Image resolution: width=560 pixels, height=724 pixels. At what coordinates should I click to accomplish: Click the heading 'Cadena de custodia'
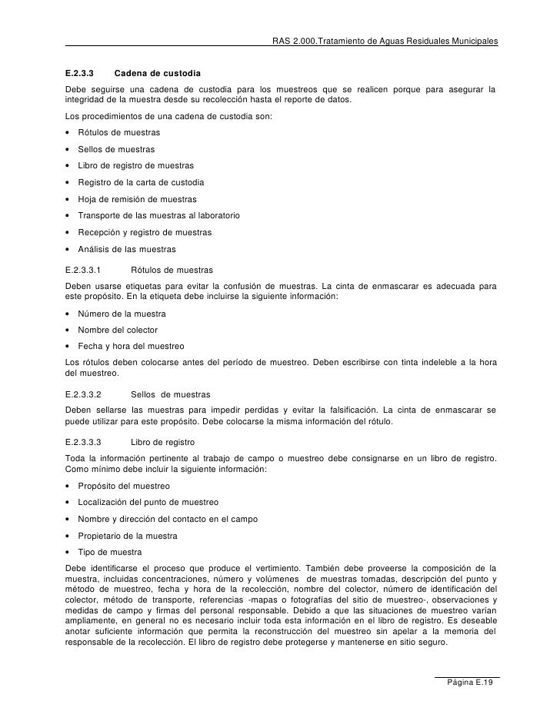157,75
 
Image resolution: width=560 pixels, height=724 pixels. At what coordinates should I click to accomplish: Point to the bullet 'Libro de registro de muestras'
136,165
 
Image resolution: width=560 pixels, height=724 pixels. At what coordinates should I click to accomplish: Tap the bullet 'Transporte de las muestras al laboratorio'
160,216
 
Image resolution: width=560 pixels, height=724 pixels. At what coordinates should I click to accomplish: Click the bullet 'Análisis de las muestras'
127,249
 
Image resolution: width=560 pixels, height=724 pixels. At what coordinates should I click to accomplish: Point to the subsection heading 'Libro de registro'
163,443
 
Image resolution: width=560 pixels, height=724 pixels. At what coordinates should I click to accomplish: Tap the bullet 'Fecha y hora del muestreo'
131,345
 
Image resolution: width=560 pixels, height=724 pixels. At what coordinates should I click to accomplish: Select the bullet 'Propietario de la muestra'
128,536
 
